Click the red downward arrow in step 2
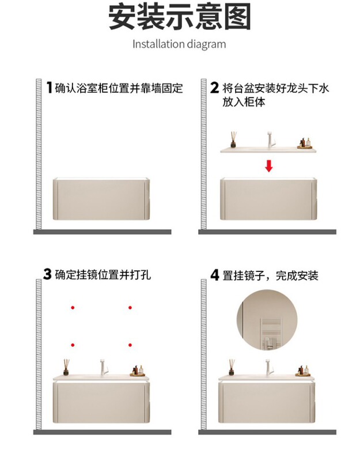pyautogui.click(x=268, y=165)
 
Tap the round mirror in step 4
pyautogui.click(x=267, y=320)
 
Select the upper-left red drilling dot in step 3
pyautogui.click(x=73, y=308)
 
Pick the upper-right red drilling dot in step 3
pyautogui.click(x=130, y=308)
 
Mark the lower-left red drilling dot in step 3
pyautogui.click(x=73, y=345)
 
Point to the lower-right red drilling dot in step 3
pyautogui.click(x=130, y=345)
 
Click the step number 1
pyautogui.click(x=50, y=88)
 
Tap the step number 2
pyautogui.click(x=215, y=88)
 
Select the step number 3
pyautogui.click(x=47, y=274)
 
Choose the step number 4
pyautogui.click(x=215, y=275)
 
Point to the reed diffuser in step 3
pyautogui.click(x=66, y=367)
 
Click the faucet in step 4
pyautogui.click(x=270, y=367)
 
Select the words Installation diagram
pyautogui.click(x=179, y=44)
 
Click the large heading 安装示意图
pyautogui.click(x=180, y=17)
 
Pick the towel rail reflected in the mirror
pyautogui.click(x=270, y=334)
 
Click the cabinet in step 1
pyautogui.click(x=101, y=199)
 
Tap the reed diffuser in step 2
pyautogui.click(x=234, y=139)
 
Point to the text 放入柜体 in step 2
pyautogui.click(x=244, y=102)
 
